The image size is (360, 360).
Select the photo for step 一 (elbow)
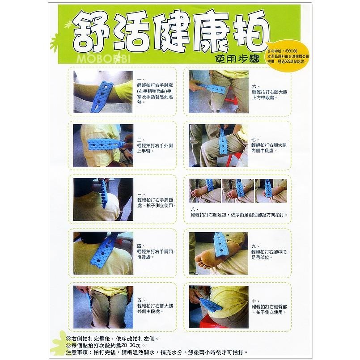pyautogui.click(x=103, y=92)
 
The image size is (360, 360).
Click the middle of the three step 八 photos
pyautogui.click(x=237, y=190)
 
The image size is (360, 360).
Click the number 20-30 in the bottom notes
pyautogui.click(x=130, y=346)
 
